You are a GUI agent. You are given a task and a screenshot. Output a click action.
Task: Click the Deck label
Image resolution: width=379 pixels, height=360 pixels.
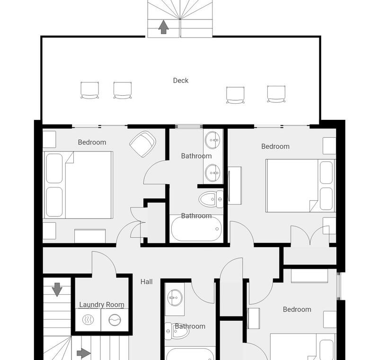click(x=181, y=81)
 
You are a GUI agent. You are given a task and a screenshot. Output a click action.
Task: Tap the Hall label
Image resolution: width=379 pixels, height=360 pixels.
click(x=147, y=282)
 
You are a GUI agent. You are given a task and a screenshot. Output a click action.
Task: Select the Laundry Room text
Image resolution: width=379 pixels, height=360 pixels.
click(x=102, y=305)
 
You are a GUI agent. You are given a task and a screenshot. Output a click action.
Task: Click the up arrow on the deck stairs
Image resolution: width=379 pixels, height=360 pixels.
click(x=163, y=27)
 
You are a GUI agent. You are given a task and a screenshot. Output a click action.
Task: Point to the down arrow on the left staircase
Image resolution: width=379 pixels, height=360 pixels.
click(x=57, y=289)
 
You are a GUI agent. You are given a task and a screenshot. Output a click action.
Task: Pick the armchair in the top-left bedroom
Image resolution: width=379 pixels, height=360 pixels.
click(x=142, y=144)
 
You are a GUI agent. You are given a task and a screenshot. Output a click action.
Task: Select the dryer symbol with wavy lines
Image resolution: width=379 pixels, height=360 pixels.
click(x=88, y=320)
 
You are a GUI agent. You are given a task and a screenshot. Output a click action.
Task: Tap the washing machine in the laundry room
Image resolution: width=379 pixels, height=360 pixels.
click(x=115, y=320)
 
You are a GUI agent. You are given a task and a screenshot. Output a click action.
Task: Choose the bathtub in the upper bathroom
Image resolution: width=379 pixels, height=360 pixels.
click(x=196, y=229)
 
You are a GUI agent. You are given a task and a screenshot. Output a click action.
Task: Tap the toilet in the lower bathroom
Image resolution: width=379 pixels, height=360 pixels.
click(x=176, y=331)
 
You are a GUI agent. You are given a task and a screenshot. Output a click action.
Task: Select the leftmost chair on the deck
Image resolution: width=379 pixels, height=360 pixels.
click(x=90, y=90)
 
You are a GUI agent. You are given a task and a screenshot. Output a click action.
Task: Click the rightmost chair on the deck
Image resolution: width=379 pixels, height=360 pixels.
click(x=276, y=94)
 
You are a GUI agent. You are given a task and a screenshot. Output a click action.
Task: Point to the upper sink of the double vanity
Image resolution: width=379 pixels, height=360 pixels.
click(x=212, y=140)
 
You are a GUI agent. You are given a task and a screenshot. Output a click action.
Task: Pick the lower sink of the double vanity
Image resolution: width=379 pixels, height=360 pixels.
click(x=212, y=173)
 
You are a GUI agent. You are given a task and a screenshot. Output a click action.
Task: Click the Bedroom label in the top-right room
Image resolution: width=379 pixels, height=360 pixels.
click(x=275, y=146)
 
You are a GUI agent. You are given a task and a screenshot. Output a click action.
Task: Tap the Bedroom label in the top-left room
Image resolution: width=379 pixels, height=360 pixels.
click(x=92, y=142)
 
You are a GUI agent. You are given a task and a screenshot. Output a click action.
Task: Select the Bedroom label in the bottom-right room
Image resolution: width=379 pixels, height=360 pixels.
click(x=297, y=309)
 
